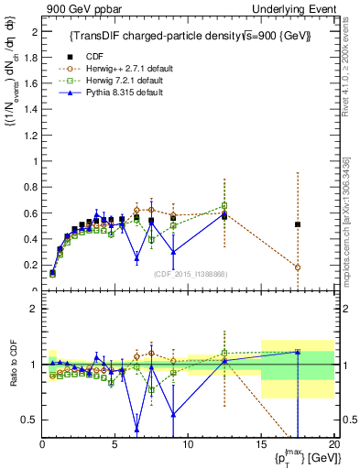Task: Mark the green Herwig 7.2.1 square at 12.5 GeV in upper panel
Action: [x=224, y=205]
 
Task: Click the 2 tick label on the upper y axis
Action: [x=33, y=32]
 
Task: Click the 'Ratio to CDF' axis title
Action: [x=11, y=364]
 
